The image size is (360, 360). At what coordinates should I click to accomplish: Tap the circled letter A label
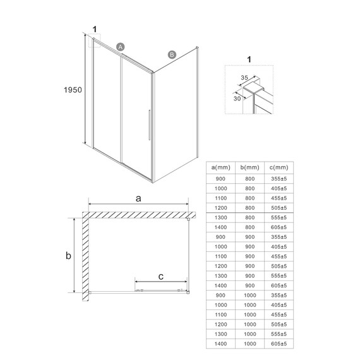(121, 46)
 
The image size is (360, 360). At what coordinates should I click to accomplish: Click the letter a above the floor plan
(138, 198)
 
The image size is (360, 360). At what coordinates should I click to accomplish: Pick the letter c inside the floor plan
(161, 276)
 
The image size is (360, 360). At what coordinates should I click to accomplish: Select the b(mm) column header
(251, 167)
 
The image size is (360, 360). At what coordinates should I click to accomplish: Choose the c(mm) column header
(279, 167)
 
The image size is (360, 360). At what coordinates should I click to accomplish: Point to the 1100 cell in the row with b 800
(222, 197)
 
